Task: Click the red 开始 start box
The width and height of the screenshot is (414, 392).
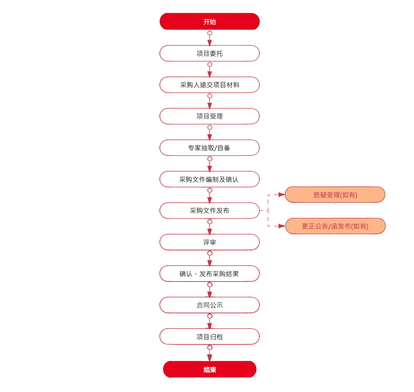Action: [209, 22]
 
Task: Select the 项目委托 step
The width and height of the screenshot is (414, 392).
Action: [209, 53]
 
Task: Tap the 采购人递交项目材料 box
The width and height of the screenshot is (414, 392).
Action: [209, 85]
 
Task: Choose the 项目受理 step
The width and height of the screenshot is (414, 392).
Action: [209, 116]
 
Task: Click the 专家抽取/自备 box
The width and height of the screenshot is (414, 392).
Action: [209, 148]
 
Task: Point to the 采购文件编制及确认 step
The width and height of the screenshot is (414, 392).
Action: [209, 179]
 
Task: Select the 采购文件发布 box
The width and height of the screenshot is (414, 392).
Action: [209, 211]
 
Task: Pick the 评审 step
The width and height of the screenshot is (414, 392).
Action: [209, 242]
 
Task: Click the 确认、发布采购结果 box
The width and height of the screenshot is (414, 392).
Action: [209, 274]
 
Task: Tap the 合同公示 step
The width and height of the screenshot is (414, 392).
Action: [209, 305]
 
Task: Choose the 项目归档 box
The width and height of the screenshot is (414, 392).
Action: [209, 337]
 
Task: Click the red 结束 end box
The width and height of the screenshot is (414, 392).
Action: [209, 370]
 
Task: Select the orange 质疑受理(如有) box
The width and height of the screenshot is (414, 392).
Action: [335, 195]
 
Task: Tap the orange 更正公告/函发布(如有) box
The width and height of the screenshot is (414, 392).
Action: [335, 226]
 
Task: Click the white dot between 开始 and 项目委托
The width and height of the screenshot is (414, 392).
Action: [210, 33]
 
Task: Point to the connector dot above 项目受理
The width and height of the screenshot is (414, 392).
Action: [210, 96]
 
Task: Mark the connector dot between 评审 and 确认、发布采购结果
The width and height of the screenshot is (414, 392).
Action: [210, 253]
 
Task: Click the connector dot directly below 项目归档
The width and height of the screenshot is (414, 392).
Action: [210, 348]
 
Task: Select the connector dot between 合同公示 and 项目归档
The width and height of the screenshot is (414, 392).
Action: [210, 316]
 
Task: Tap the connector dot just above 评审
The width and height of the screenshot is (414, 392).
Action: [210, 222]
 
